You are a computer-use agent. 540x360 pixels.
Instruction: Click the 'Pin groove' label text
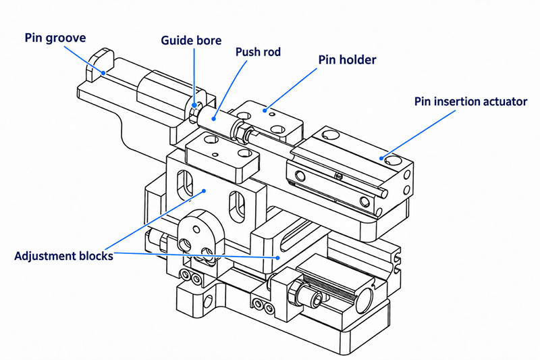(55, 38)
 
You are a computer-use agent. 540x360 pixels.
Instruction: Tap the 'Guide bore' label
(191, 41)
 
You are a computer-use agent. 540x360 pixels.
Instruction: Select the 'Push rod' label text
(258, 52)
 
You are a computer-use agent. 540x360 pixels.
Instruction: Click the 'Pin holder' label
(347, 59)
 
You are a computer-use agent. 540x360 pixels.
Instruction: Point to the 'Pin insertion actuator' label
(470, 101)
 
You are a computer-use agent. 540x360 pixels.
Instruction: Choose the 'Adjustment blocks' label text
(63, 256)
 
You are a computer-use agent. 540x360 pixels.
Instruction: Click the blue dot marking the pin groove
(103, 73)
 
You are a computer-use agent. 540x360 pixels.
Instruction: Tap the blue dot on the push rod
(214, 119)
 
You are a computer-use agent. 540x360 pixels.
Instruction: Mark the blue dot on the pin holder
(265, 110)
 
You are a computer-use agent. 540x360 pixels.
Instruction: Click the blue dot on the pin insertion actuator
(381, 158)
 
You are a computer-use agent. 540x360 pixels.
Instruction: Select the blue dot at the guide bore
(194, 105)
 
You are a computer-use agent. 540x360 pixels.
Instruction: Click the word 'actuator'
(504, 102)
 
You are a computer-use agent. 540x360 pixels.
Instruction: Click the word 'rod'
(272, 52)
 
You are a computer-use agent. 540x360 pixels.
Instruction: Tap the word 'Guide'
(176, 41)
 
